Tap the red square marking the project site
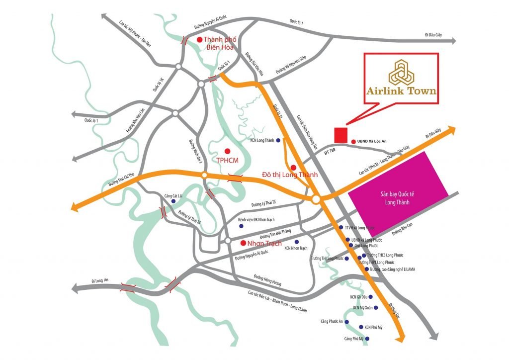coord(340,135)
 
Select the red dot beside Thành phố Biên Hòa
coord(199,40)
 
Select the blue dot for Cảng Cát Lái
coord(173,201)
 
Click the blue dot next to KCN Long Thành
coord(278,141)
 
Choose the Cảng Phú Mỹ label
coord(347,339)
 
